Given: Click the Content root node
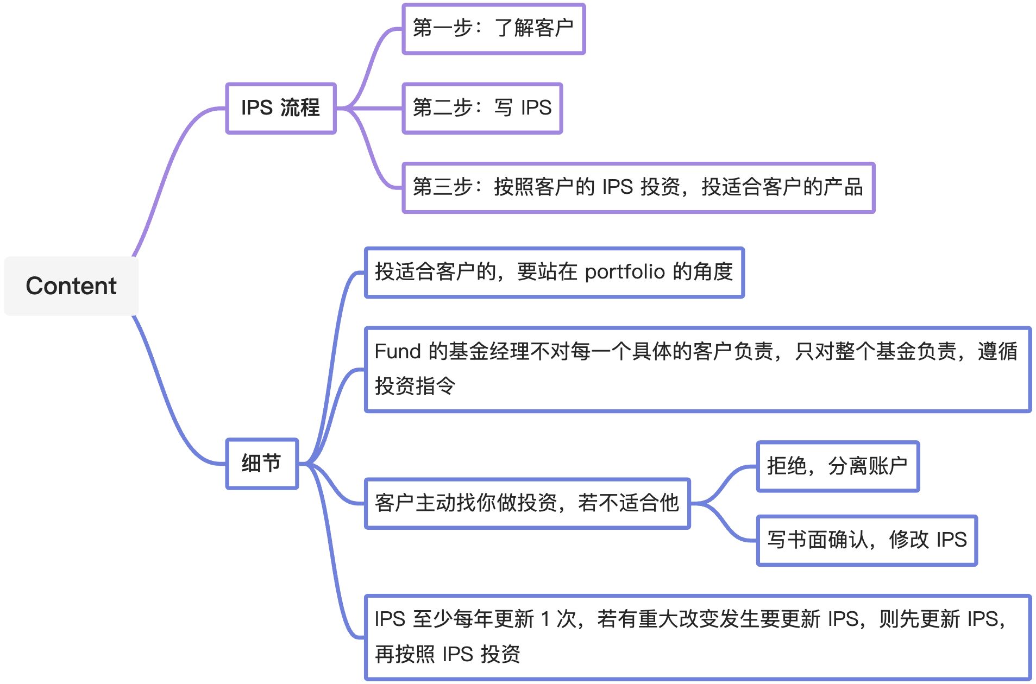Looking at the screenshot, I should tap(71, 286).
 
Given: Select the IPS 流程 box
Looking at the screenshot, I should tap(280, 108).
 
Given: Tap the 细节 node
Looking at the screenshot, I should tap(261, 464).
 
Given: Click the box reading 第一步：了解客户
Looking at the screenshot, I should tap(493, 29).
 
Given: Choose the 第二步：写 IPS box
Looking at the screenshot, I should tap(482, 108).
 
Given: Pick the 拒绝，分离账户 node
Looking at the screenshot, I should tap(837, 466).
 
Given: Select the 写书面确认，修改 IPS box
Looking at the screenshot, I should tap(867, 540).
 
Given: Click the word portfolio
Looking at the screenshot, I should tap(625, 272).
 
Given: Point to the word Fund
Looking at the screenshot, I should tap(398, 351).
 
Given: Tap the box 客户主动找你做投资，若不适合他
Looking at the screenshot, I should tap(527, 503).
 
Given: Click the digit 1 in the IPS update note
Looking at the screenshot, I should tap(545, 619).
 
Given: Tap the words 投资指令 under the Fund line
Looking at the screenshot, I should tap(415, 386).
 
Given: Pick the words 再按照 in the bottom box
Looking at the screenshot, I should tap(405, 654).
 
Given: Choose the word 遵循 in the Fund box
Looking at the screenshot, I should tap(997, 351).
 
